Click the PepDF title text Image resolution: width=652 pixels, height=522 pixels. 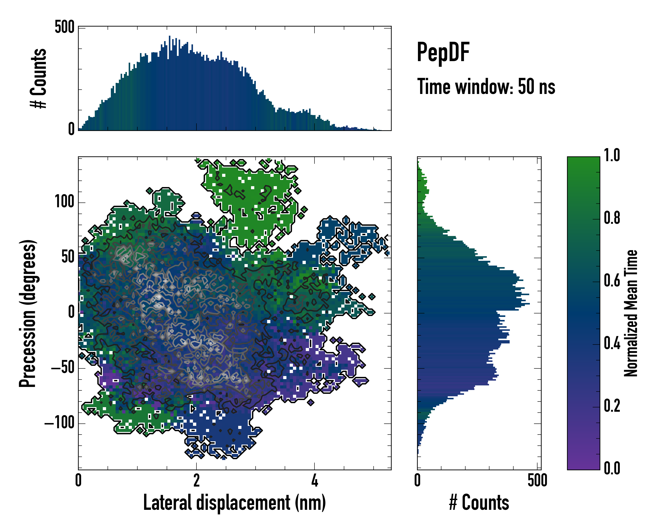pyautogui.click(x=443, y=52)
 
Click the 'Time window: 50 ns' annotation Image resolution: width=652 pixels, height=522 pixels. pyautogui.click(x=486, y=87)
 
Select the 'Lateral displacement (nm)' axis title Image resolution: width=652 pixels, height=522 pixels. pyautogui.click(x=234, y=502)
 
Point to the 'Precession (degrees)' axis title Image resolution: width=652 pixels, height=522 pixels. pyautogui.click(x=28, y=313)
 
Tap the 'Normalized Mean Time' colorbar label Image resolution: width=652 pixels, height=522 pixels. pyautogui.click(x=631, y=313)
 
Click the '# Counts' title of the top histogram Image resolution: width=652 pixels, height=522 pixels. pyautogui.click(x=39, y=78)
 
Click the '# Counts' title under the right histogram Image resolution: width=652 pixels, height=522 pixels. pyautogui.click(x=479, y=502)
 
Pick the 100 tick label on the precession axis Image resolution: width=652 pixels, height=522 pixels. pyautogui.click(x=64, y=202)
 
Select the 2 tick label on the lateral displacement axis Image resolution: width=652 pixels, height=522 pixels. pyautogui.click(x=196, y=480)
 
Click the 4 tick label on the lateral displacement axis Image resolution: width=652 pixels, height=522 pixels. pyautogui.click(x=314, y=480)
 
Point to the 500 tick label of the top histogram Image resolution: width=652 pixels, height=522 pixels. pyautogui.click(x=64, y=27)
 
